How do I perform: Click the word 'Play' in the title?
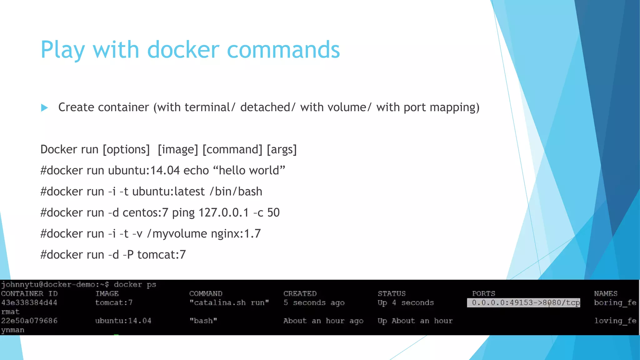click(62, 50)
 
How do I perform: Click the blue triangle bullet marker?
click(44, 108)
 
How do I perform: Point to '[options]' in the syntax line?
click(126, 149)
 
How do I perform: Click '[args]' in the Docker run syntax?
click(282, 149)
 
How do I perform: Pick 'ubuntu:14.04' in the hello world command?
click(144, 170)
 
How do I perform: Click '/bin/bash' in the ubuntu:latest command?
click(236, 191)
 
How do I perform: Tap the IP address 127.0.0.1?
click(223, 212)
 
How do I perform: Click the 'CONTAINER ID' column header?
click(29, 294)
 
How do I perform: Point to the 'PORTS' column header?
click(483, 294)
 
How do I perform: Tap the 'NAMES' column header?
click(606, 294)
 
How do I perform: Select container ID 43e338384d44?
click(29, 303)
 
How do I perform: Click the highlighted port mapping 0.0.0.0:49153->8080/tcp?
click(523, 303)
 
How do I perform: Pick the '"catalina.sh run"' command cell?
click(229, 303)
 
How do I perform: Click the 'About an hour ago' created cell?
click(323, 321)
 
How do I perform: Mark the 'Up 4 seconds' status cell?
click(406, 303)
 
